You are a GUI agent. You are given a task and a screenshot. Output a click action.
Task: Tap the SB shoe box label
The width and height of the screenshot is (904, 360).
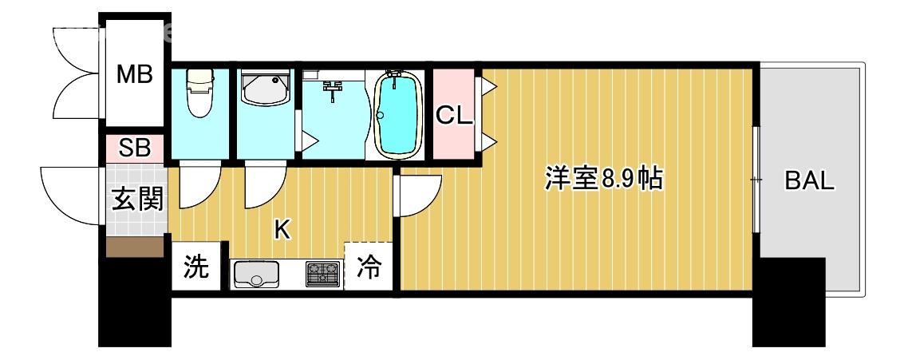(136, 148)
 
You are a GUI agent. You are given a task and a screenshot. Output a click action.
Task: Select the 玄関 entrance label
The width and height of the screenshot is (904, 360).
(136, 200)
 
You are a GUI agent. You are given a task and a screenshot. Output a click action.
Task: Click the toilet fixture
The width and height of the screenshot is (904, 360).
(199, 94)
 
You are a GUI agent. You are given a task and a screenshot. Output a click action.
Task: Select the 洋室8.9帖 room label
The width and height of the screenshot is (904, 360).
(602, 180)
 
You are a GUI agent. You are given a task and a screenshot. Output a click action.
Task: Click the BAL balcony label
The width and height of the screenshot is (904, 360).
(809, 181)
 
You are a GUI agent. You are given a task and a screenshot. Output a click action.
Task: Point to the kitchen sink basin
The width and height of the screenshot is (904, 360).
(255, 275)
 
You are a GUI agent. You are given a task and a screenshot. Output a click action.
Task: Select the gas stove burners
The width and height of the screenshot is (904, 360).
(322, 274)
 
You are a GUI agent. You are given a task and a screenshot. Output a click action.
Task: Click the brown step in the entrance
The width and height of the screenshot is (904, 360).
(136, 247)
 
